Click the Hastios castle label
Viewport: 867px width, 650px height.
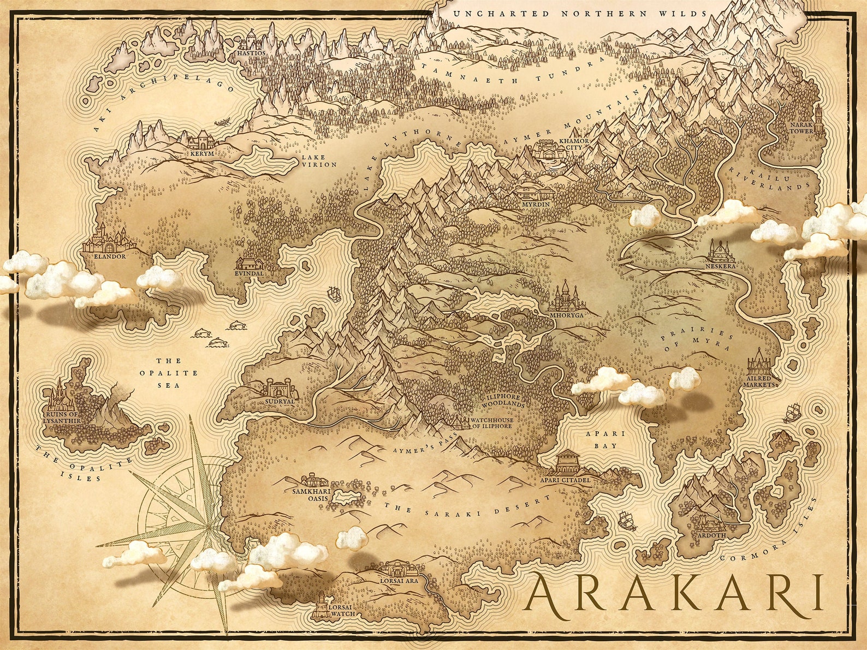pos(252,53)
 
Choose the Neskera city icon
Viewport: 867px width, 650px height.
pos(721,252)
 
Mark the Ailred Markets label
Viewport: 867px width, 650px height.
pos(759,381)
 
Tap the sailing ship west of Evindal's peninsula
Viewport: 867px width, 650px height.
pos(334,294)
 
